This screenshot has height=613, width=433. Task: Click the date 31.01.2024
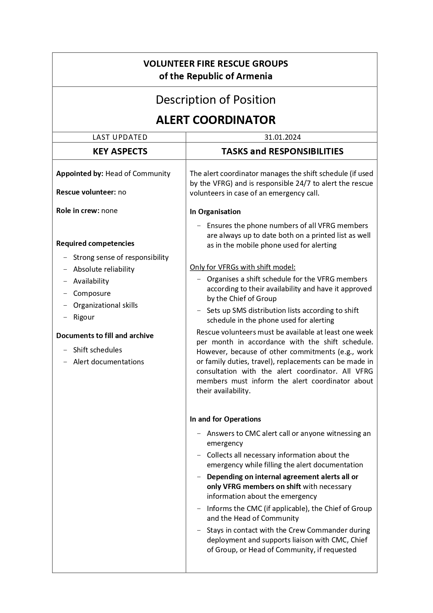[282, 137]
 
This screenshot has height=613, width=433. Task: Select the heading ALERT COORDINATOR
[216, 120]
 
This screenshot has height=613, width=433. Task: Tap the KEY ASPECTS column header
[120, 151]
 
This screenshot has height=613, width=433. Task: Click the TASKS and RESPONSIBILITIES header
[282, 151]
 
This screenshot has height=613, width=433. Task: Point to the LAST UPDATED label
[120, 137]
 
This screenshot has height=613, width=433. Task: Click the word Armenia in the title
[254, 76]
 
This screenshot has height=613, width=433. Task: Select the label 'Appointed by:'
[80, 174]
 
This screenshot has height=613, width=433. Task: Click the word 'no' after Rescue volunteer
[122, 192]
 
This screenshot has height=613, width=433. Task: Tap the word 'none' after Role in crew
[109, 211]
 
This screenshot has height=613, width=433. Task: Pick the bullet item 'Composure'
[92, 293]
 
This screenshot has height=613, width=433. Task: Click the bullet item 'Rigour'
[84, 317]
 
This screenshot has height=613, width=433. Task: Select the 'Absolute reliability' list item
[104, 269]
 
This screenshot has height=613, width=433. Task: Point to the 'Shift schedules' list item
[97, 350]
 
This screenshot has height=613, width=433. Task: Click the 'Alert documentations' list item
[109, 362]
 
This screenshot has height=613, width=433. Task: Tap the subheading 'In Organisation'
[215, 212]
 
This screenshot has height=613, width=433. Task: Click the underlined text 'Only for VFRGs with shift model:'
[242, 267]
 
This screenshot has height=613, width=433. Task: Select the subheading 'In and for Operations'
[225, 419]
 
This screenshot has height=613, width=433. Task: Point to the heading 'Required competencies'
[95, 243]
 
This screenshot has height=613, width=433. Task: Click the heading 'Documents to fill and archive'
[105, 336]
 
